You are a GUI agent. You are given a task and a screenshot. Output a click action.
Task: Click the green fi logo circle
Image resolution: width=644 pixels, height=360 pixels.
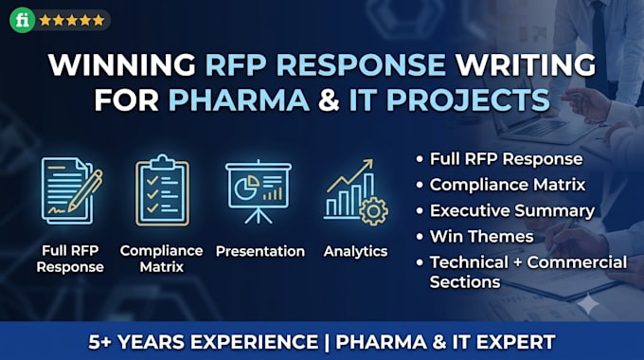point(23,20)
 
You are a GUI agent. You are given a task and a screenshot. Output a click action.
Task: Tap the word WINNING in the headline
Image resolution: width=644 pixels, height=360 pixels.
point(122,65)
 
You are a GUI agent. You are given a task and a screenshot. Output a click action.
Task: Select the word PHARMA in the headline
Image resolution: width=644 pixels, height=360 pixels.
point(239,99)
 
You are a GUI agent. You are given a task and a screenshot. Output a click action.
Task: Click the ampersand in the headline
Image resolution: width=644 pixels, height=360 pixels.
point(329,99)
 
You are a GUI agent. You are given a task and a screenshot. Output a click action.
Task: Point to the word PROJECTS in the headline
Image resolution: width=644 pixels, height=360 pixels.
point(468,99)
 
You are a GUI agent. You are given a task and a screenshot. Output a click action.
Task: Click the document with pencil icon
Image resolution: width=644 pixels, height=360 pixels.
point(71,190)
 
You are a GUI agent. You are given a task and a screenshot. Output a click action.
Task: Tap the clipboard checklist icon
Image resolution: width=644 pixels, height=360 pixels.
point(163,190)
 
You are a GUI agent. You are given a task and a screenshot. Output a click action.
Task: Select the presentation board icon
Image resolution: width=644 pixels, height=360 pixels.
point(259,191)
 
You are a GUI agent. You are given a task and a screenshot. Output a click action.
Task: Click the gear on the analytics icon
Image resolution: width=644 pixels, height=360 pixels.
point(373,211)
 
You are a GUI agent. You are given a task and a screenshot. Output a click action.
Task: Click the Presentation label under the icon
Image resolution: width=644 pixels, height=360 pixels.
point(260,251)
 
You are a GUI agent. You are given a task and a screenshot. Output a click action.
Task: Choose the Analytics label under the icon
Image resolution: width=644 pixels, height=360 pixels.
point(356,251)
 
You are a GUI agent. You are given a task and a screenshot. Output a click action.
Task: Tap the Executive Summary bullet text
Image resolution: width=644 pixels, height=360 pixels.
point(512,211)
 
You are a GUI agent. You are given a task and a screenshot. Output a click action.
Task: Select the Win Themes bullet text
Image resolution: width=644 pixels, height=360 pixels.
point(481,236)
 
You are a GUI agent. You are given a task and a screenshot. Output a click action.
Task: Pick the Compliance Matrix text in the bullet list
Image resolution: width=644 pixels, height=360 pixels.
point(508,185)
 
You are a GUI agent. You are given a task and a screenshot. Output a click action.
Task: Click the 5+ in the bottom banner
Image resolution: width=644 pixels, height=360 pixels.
point(98,342)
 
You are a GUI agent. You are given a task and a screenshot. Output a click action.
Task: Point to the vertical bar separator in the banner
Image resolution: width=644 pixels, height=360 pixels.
point(327,342)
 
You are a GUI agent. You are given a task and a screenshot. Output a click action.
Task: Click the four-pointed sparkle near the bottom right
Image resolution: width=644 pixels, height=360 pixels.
point(588,304)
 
